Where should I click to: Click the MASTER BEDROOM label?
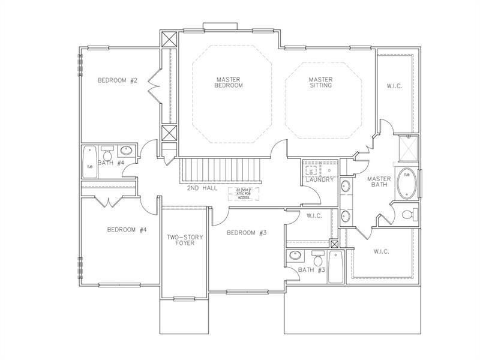pyautogui.click(x=229, y=82)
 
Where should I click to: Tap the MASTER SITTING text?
pyautogui.click(x=320, y=82)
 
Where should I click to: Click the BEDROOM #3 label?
pyautogui.click(x=246, y=233)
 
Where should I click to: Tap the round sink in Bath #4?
pyautogui.click(x=126, y=151)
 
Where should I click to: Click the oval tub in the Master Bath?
pyautogui.click(x=407, y=178)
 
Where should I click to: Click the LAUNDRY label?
pyautogui.click(x=319, y=179)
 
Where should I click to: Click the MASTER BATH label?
pyautogui.click(x=379, y=181)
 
